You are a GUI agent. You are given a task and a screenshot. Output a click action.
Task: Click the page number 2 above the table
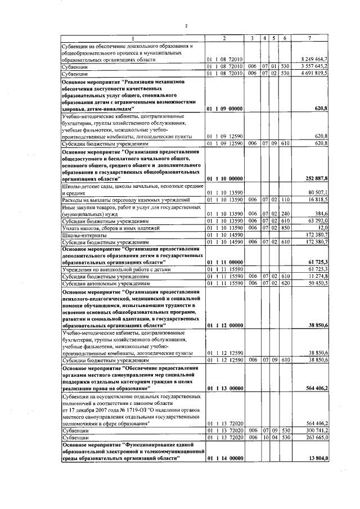tap(186, 25)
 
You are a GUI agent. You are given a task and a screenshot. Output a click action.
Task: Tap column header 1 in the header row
tap(133, 38)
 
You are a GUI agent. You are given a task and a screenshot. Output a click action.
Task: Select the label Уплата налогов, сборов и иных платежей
tap(102, 228)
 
